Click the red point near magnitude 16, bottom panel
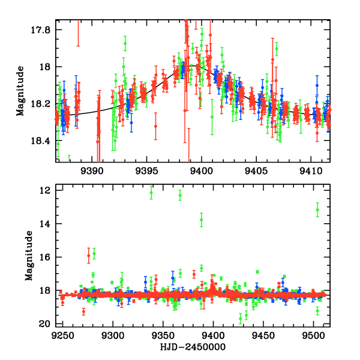click(x=89, y=256)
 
